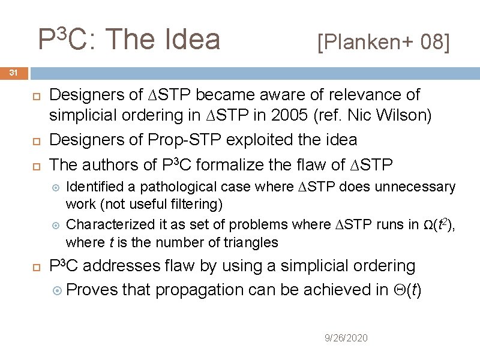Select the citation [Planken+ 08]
pos(383,42)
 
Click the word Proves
pos(92,290)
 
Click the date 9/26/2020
pos(346,338)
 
